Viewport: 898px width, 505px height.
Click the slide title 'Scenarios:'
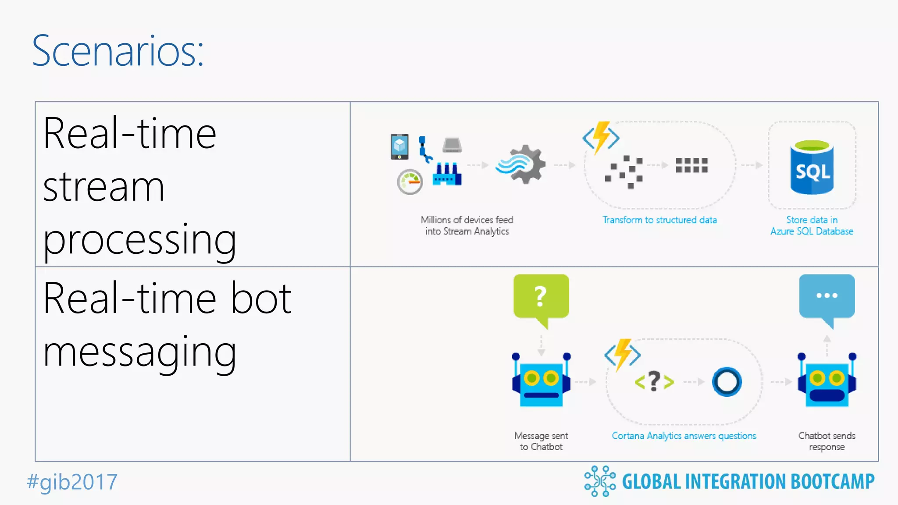118,51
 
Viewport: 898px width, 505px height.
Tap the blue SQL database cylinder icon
812,167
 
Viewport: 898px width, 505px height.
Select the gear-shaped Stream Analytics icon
522,164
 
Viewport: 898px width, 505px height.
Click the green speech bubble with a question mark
541,297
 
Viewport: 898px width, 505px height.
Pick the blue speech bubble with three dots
827,297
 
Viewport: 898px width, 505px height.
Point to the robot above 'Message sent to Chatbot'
541,380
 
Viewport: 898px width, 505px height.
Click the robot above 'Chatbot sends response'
827,380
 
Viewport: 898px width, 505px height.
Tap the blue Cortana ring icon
727,382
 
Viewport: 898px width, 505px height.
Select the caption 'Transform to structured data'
659,220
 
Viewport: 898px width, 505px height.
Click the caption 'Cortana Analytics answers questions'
684,436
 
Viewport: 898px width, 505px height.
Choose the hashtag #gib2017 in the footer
72,482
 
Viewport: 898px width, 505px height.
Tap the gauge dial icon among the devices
410,182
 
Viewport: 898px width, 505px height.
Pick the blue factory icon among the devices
447,174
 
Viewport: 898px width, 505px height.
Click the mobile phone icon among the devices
399,146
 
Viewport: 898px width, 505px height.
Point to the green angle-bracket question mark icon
654,381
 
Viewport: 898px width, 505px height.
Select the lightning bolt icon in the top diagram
601,137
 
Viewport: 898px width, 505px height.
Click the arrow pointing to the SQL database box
752,165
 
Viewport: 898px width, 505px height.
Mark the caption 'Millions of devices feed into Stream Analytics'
467,225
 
